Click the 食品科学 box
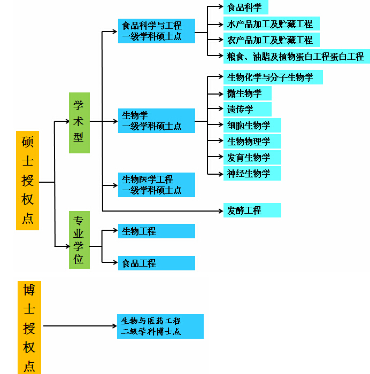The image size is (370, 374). (x=245, y=7)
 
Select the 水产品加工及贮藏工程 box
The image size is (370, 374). (x=271, y=24)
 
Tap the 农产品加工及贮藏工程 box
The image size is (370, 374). (x=271, y=40)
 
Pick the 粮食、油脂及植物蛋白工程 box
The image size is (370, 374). (x=296, y=56)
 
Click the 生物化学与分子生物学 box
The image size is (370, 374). (x=273, y=77)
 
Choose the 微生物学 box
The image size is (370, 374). (x=247, y=93)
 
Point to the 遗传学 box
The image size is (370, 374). (x=247, y=110)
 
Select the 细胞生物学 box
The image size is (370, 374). (x=252, y=126)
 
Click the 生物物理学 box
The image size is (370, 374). (x=252, y=142)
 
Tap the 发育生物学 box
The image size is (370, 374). (x=252, y=158)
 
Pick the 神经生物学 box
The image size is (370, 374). (x=252, y=174)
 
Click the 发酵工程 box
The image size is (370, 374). (x=252, y=211)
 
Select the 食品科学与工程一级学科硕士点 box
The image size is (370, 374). (x=156, y=31)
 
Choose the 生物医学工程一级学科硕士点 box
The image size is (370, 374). (x=156, y=185)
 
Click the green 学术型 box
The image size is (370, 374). (x=79, y=123)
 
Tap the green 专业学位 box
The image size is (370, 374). (x=79, y=240)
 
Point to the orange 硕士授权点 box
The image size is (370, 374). (x=27, y=181)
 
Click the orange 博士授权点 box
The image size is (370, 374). (x=29, y=327)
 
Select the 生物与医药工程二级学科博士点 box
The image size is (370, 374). (x=160, y=326)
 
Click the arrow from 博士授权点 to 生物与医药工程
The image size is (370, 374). (x=80, y=325)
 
